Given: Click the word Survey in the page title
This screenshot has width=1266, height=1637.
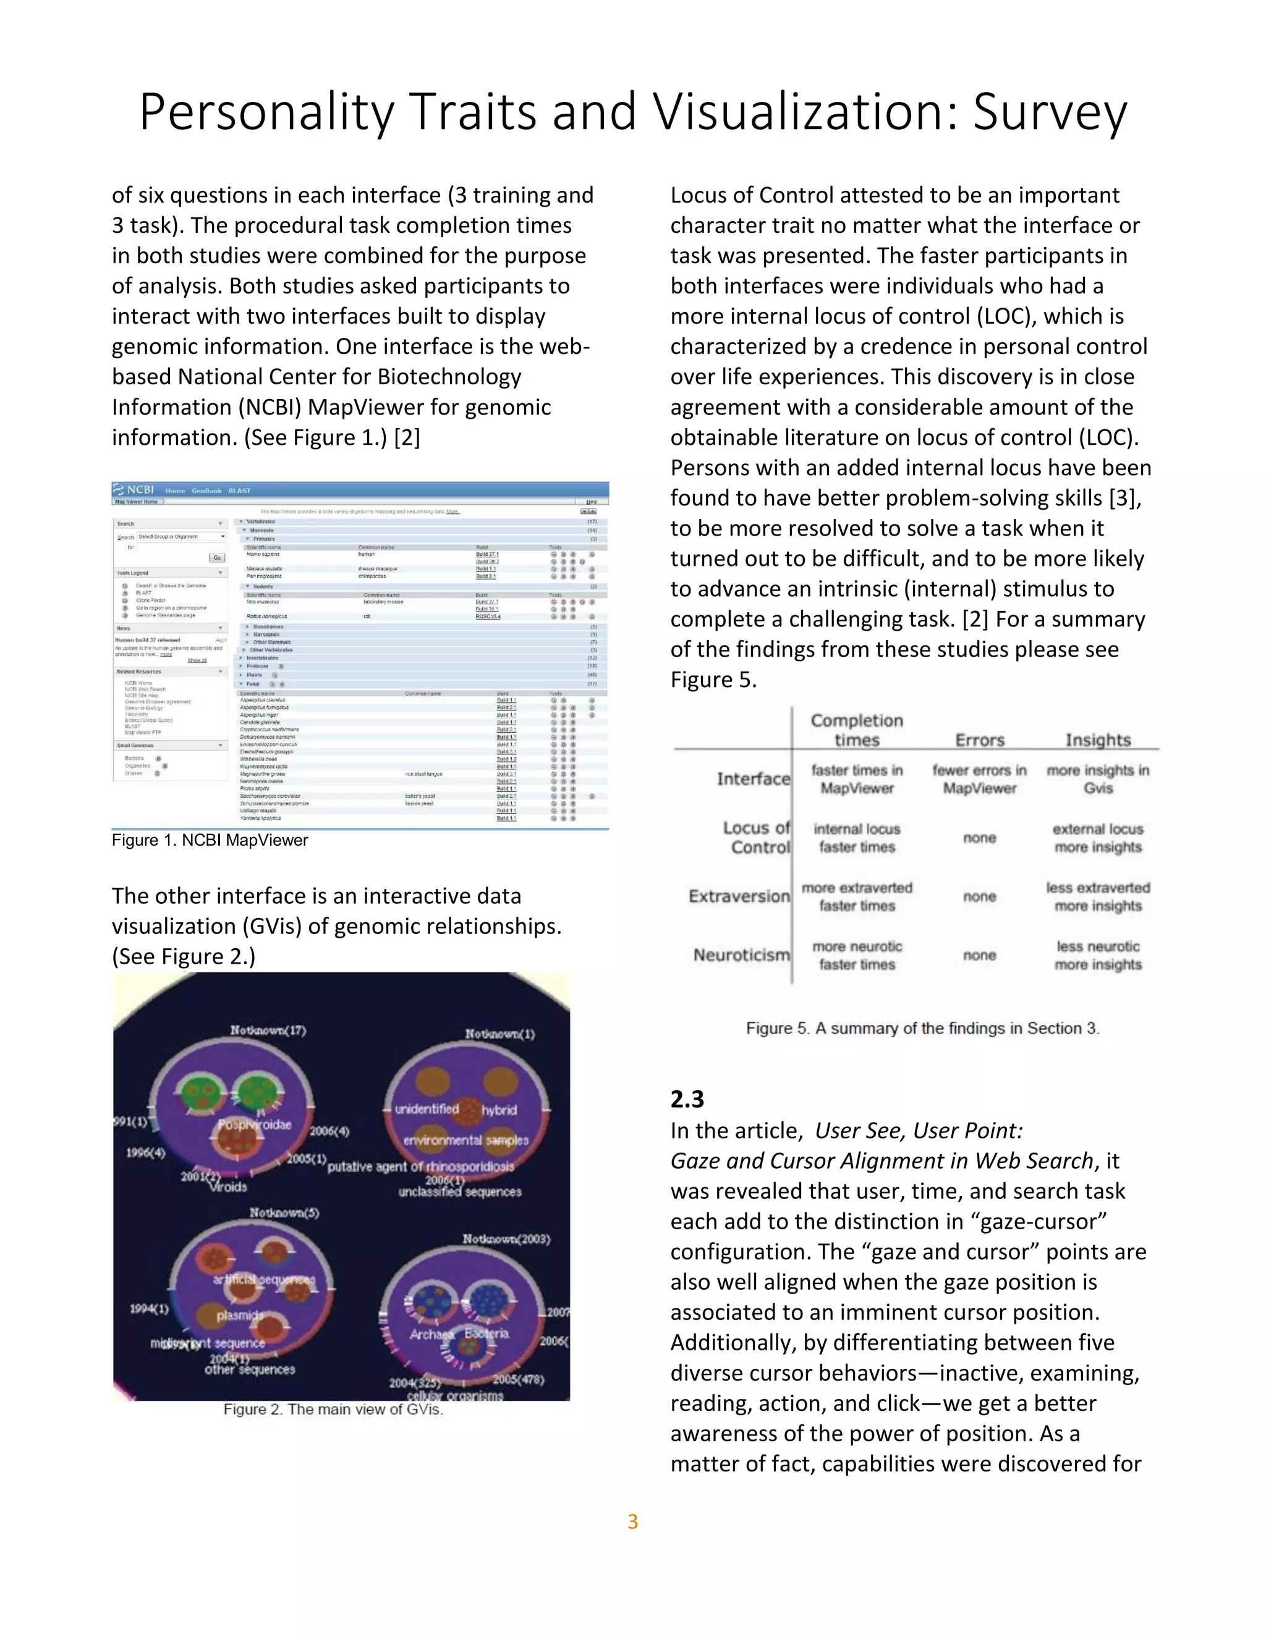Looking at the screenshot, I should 1050,112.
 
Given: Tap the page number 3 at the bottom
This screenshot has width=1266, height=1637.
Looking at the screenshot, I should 632,1521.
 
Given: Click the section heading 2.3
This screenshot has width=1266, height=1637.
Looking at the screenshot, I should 687,1099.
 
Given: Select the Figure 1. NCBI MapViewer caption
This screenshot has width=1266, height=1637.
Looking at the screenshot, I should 210,840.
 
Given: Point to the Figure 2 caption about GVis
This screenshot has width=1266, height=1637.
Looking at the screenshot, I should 333,1409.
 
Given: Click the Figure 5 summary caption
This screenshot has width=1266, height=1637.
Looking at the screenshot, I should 922,1029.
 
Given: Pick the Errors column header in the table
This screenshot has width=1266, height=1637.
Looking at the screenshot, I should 980,740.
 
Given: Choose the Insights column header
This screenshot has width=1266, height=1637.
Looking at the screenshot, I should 1098,740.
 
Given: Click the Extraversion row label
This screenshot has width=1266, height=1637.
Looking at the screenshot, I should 739,896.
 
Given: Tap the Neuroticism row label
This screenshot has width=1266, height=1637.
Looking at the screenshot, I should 741,955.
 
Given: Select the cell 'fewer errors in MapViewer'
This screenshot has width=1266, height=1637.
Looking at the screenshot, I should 980,779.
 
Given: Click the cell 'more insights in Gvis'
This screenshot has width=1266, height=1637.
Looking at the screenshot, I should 1098,779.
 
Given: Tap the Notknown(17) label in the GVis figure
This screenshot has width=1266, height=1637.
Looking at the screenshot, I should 268,1030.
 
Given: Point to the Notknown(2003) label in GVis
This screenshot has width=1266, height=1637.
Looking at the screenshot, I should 506,1239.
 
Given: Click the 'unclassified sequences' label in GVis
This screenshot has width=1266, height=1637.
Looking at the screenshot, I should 460,1191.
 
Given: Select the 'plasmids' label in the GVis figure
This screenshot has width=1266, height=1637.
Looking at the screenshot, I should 240,1315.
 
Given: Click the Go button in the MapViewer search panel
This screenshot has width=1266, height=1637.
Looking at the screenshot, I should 218,558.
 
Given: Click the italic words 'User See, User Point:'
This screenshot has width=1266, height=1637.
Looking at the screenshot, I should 919,1130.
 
